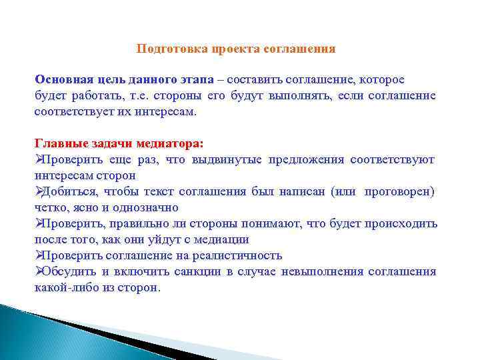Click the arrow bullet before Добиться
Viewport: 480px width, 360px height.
pos(38,191)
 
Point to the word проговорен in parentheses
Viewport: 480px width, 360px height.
pos(399,191)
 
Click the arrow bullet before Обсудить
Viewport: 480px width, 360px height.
pos(38,271)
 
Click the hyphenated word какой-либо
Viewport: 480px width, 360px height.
pos(61,287)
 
